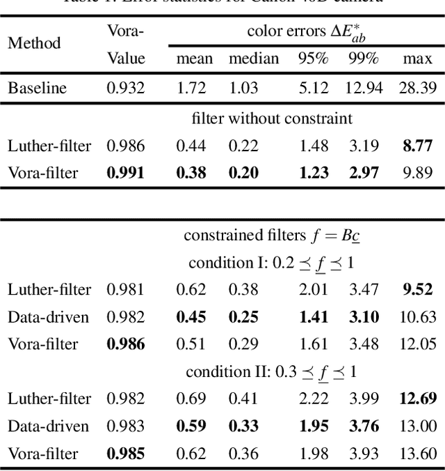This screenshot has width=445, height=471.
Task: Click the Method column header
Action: pyautogui.click(x=34, y=43)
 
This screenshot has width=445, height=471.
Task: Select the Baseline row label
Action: pyautogui.click(x=38, y=88)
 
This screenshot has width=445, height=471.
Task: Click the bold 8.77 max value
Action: pyautogui.click(x=417, y=146)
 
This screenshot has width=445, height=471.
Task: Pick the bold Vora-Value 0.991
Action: pyautogui.click(x=125, y=173)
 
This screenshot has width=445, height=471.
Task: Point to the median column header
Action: pyautogui.click(x=254, y=59)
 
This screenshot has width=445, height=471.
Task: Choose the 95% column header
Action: pyautogui.click(x=313, y=59)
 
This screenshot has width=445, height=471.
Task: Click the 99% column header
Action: pyautogui.click(x=363, y=59)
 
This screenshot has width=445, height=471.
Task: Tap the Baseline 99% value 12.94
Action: pyautogui.click(x=363, y=88)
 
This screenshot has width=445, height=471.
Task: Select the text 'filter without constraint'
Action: pyautogui.click(x=272, y=118)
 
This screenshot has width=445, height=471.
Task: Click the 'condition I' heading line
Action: pyautogui.click(x=272, y=263)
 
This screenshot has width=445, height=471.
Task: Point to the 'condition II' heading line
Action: pyautogui.click(x=272, y=372)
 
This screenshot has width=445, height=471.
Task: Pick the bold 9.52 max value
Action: pyautogui.click(x=417, y=290)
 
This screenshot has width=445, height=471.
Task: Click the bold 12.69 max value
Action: pyautogui.click(x=417, y=399)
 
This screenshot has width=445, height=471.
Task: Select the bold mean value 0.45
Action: pyautogui.click(x=191, y=317)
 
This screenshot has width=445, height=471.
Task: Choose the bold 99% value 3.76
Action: pyautogui.click(x=363, y=426)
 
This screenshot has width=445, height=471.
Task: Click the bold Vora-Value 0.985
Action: pyautogui.click(x=125, y=454)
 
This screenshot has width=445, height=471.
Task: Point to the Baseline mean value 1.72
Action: pyautogui.click(x=191, y=88)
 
